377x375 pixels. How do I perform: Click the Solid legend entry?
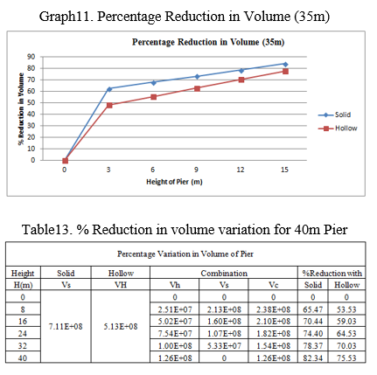[334, 115]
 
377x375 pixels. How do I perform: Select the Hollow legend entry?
[338, 128]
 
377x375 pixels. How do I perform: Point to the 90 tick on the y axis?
[31, 57]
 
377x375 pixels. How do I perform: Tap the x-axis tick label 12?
[241, 170]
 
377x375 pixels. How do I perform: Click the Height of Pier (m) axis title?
[174, 182]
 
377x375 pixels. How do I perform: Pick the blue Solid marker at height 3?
[109, 89]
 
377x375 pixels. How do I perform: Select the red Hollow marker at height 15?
[285, 72]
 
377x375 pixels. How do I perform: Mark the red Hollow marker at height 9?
[197, 88]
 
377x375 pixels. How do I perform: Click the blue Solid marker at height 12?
[241, 70]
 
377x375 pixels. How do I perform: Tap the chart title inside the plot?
[208, 42]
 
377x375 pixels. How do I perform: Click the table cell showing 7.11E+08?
[66, 327]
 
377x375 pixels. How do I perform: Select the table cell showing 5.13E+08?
[121, 327]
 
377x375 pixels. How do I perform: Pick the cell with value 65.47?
[312, 309]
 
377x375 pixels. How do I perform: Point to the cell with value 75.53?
[346, 358]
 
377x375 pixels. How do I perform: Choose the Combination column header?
[224, 274]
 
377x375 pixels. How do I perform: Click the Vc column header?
[273, 285]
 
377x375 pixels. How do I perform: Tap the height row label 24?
[23, 333]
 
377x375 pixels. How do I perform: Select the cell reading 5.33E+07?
[224, 346]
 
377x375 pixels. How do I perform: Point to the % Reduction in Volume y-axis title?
[21, 108]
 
